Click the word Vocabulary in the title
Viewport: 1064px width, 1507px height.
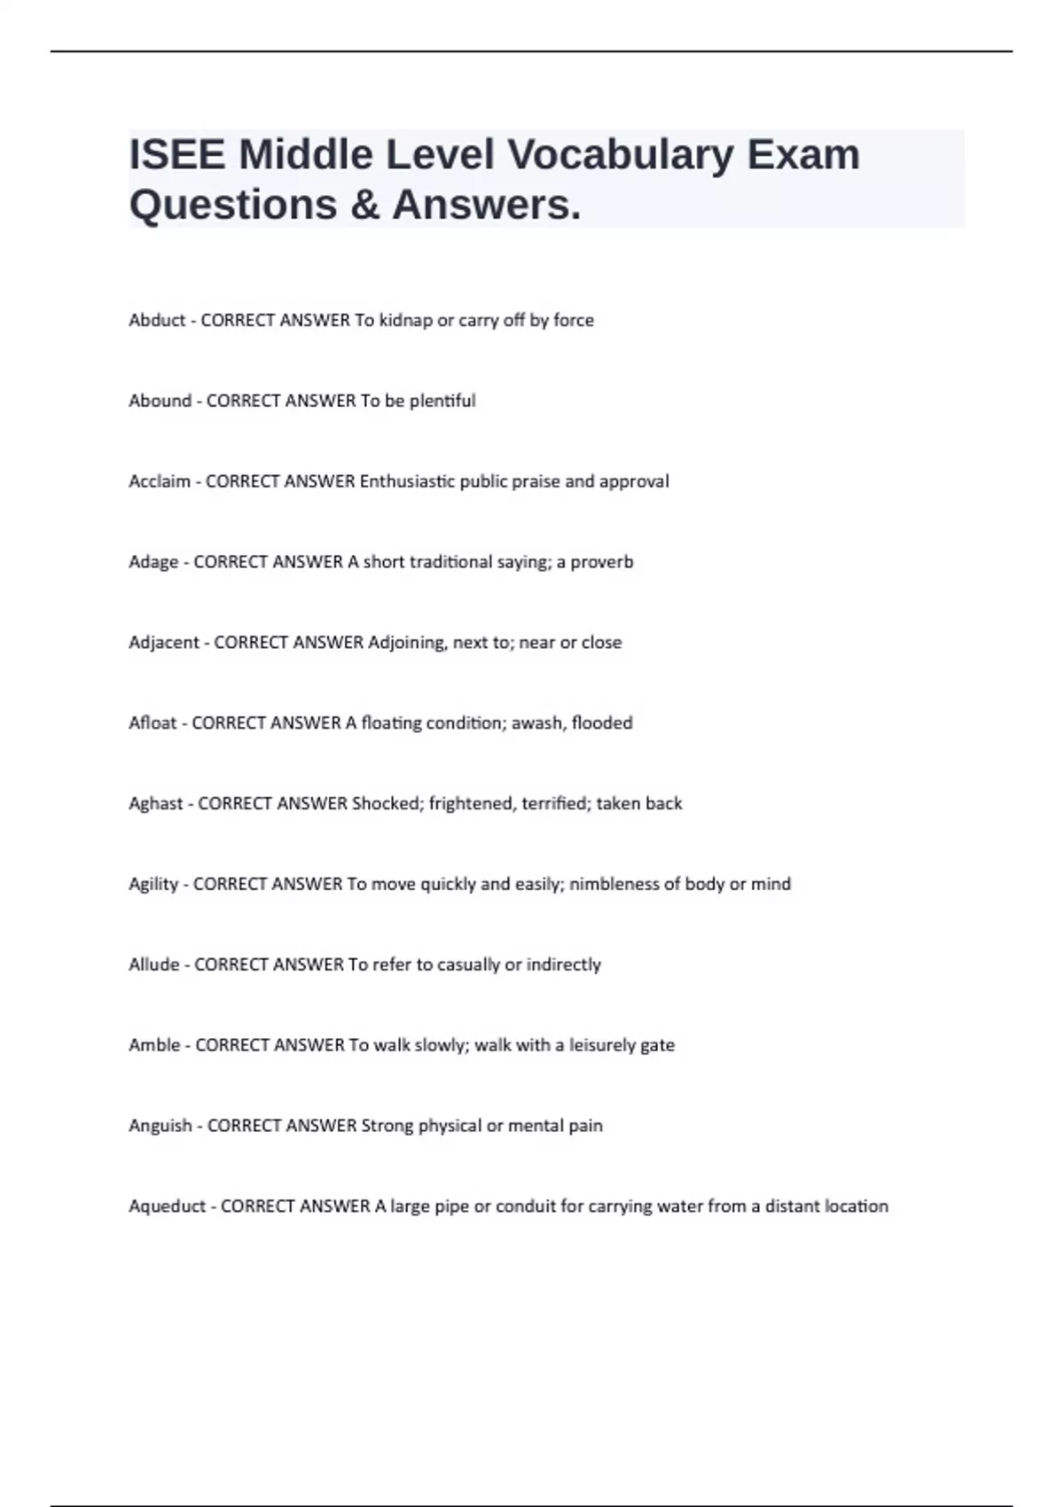(620, 155)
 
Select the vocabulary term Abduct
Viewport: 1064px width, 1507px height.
(157, 320)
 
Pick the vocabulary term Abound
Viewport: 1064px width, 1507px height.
(160, 401)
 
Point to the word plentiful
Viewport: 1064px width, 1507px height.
(442, 401)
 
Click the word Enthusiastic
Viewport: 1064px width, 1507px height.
(407, 481)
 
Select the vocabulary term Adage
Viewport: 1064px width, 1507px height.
(153, 562)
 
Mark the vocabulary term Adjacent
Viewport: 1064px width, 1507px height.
(164, 643)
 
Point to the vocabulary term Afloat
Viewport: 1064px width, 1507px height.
(153, 723)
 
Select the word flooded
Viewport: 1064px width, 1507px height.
(602, 723)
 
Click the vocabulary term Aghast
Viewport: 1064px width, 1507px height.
(155, 804)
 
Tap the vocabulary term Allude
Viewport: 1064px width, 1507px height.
(154, 964)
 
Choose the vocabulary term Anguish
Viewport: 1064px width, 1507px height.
(160, 1126)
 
